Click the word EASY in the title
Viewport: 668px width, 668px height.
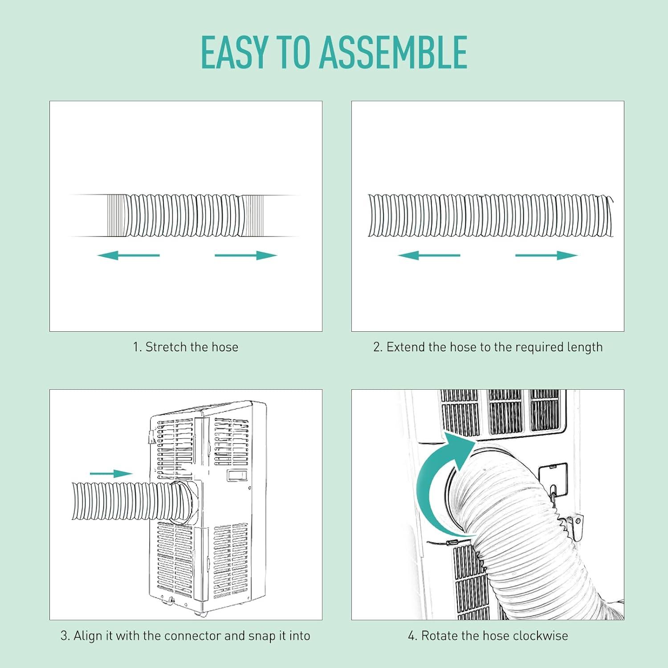pos(234,52)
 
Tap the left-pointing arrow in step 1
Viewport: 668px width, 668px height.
pos(128,255)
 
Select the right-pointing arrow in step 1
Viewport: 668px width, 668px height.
pos(246,255)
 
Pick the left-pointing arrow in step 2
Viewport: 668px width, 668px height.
pos(429,255)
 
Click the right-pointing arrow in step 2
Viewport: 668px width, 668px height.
pos(546,255)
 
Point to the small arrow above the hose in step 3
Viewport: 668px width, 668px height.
pos(111,474)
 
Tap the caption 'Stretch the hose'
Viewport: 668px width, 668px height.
pos(192,347)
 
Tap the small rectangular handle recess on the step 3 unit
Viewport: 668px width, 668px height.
pos(236,476)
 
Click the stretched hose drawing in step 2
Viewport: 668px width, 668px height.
pos(491,216)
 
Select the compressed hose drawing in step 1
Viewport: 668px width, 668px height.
pos(185,216)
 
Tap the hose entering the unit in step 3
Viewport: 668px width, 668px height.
pos(129,501)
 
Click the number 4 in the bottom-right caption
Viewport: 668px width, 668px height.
pos(411,636)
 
